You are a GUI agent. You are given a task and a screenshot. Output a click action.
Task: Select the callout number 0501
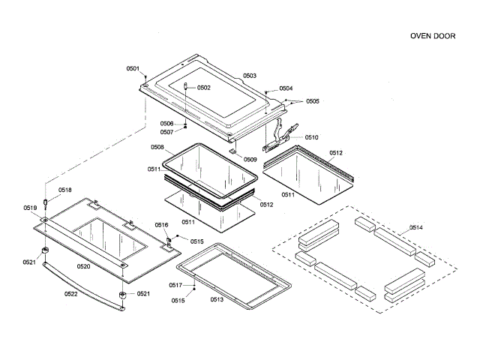coord(133,69)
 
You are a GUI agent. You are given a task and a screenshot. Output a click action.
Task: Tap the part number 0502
coord(204,88)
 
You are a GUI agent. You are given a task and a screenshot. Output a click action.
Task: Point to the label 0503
coord(250,76)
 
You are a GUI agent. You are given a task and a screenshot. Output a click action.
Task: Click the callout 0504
coord(286,88)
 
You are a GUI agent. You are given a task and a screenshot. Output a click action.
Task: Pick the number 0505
coord(312,101)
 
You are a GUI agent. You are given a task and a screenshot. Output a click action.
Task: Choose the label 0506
coord(166,124)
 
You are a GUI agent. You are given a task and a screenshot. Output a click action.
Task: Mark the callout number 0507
coord(166,132)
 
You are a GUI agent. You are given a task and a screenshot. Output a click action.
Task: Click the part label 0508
coord(157,147)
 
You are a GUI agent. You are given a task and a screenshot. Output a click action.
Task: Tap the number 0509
coord(250,159)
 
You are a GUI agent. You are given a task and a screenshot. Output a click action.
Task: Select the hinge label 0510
coord(311,137)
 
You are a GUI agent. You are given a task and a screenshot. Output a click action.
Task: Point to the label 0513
coord(217,299)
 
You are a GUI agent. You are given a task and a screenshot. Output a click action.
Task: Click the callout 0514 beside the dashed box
coord(415,227)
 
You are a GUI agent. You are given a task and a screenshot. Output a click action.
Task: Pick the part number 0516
coord(162,225)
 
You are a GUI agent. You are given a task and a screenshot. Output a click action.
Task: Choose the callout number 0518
coord(65,190)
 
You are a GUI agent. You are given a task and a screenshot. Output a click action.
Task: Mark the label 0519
coord(30,208)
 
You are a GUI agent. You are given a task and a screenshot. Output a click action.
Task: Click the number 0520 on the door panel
coord(84,266)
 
